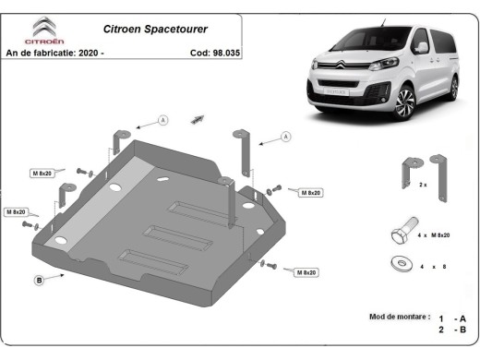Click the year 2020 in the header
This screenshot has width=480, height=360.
click(89, 54)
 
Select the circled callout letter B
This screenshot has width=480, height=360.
click(39, 280)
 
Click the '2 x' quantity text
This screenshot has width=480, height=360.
click(423, 186)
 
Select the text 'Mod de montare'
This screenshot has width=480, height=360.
click(399, 315)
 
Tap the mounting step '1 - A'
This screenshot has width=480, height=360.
click(455, 316)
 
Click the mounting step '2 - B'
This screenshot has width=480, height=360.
click(455, 329)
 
